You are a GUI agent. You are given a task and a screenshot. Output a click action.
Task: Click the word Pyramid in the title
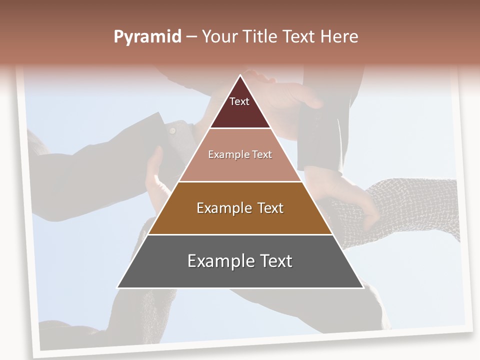tap(147, 37)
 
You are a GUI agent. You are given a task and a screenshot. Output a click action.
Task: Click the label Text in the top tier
tap(239, 101)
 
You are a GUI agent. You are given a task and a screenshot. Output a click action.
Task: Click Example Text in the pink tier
tap(240, 154)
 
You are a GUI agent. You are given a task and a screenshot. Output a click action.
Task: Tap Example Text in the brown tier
tap(240, 208)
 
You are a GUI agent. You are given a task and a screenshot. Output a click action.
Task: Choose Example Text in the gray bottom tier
tap(240, 261)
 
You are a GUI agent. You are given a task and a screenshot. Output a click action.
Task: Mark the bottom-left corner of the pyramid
tap(118, 287)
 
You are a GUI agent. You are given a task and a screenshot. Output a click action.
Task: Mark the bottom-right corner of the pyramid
tap(362, 287)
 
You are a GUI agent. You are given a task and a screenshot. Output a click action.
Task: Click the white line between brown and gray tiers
tap(240, 234)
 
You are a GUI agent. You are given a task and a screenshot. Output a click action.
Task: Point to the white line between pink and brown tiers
tap(240, 181)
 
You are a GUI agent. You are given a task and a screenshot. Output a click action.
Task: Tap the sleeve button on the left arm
tap(172, 130)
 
